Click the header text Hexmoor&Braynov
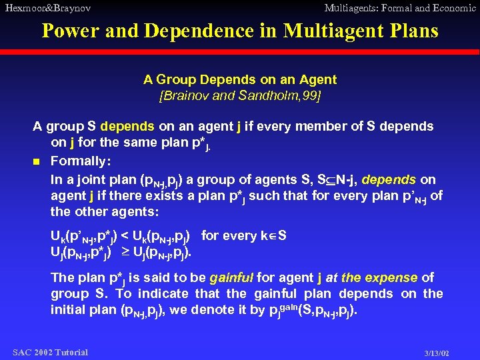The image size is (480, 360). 48,8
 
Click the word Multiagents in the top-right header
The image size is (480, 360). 351,8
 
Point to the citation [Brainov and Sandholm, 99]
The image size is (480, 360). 240,96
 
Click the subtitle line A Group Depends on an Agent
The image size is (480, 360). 240,80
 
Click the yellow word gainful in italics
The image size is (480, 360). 231,277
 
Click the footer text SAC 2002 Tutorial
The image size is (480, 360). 50,352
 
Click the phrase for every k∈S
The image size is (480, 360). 243,235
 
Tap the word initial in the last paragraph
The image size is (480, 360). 73,309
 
